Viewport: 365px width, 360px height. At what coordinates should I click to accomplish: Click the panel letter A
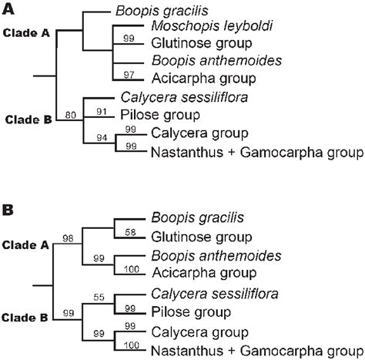tap(7, 7)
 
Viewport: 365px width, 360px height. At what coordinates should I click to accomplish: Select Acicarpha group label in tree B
tap(192, 274)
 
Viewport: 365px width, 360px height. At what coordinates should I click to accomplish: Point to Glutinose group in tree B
tap(189, 237)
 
